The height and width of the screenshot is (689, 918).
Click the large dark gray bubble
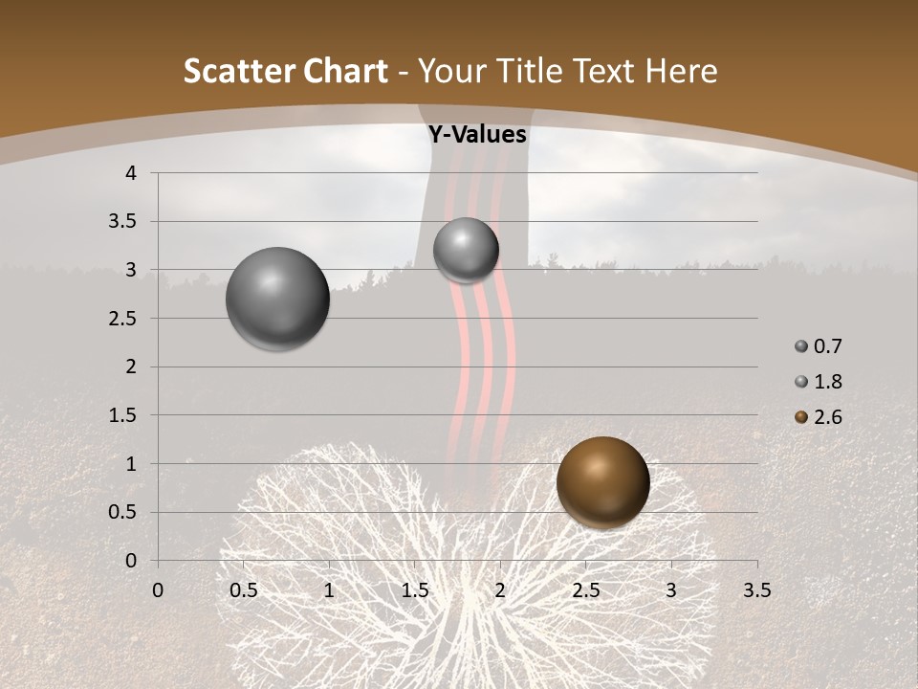[x=277, y=299]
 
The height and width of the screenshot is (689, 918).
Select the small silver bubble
[x=466, y=251]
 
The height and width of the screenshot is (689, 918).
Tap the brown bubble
[x=602, y=481]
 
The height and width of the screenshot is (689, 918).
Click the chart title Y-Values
[x=477, y=135]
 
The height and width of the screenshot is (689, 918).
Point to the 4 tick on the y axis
[x=131, y=173]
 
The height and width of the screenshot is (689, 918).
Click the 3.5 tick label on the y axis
[x=122, y=222]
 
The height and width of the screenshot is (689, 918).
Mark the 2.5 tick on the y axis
[x=122, y=319]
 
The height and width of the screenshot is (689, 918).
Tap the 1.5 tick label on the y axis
[x=122, y=415]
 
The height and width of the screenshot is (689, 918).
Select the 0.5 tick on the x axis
[x=244, y=590]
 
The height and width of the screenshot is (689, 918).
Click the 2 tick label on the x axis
[x=500, y=590]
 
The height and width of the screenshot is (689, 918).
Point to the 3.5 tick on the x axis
[x=756, y=590]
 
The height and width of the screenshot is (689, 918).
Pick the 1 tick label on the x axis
[x=329, y=590]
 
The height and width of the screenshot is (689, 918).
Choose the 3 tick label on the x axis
[x=671, y=590]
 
